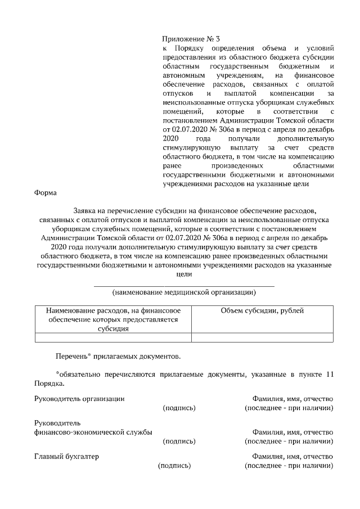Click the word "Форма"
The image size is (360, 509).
pos(45,193)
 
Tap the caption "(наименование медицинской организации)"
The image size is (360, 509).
pos(184,292)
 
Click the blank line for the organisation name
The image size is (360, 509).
pos(184,286)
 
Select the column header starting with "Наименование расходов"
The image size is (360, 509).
pos(112,319)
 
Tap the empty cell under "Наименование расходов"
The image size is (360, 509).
pos(112,338)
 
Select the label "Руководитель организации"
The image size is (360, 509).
pos(79,399)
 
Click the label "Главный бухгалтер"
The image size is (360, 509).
pos(66,456)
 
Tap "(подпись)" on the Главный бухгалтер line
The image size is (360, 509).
pos(174,466)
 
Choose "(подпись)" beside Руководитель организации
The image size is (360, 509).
pos(179,408)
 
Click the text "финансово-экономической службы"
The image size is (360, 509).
pos(93,432)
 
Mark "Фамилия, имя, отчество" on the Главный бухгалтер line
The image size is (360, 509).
pos(292,456)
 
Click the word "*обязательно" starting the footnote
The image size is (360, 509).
pos(77,374)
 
